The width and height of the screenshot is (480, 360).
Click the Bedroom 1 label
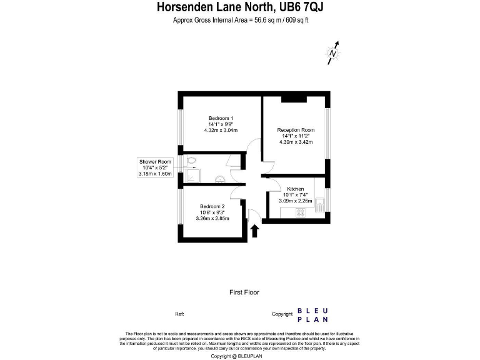point(221,119)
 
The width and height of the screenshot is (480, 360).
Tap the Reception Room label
point(296,130)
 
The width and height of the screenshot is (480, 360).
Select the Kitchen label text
point(295,189)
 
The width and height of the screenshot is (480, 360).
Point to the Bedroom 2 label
point(212,206)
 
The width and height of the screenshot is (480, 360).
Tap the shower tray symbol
point(191,177)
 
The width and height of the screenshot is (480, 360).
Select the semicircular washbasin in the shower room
point(220,181)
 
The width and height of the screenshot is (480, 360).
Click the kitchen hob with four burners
point(299,213)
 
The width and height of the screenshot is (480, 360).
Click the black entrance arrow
point(254,231)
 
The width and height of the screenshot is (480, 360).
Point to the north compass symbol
point(334,53)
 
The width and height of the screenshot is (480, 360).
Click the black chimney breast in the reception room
point(293,98)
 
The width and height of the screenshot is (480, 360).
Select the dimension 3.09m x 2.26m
point(295,201)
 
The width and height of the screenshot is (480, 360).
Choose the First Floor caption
point(244,292)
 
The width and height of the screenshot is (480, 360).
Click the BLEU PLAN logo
point(315,315)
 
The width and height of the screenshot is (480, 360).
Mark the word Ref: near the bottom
point(179,314)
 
